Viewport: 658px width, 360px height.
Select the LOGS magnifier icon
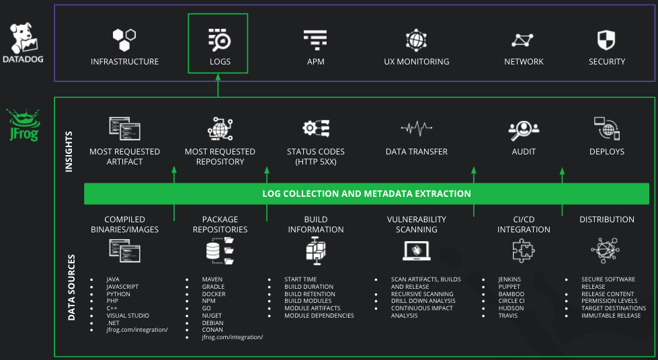click(x=219, y=40)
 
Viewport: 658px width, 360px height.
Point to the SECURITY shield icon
click(x=606, y=40)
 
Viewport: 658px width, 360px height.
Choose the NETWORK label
click(x=524, y=62)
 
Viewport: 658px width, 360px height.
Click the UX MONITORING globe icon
click(x=416, y=40)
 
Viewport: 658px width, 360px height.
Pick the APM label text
click(x=315, y=62)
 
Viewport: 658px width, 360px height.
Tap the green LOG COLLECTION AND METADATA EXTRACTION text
click(x=366, y=193)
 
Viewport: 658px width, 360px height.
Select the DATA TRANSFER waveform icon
click(x=416, y=128)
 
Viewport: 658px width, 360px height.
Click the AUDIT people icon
click(x=524, y=128)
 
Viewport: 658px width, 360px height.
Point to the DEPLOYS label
click(x=606, y=152)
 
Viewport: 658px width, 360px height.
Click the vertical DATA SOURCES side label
click(x=71, y=287)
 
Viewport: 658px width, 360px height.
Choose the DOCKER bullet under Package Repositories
click(x=214, y=294)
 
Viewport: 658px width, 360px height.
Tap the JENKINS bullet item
click(x=509, y=279)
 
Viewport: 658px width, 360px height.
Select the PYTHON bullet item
click(x=118, y=294)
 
